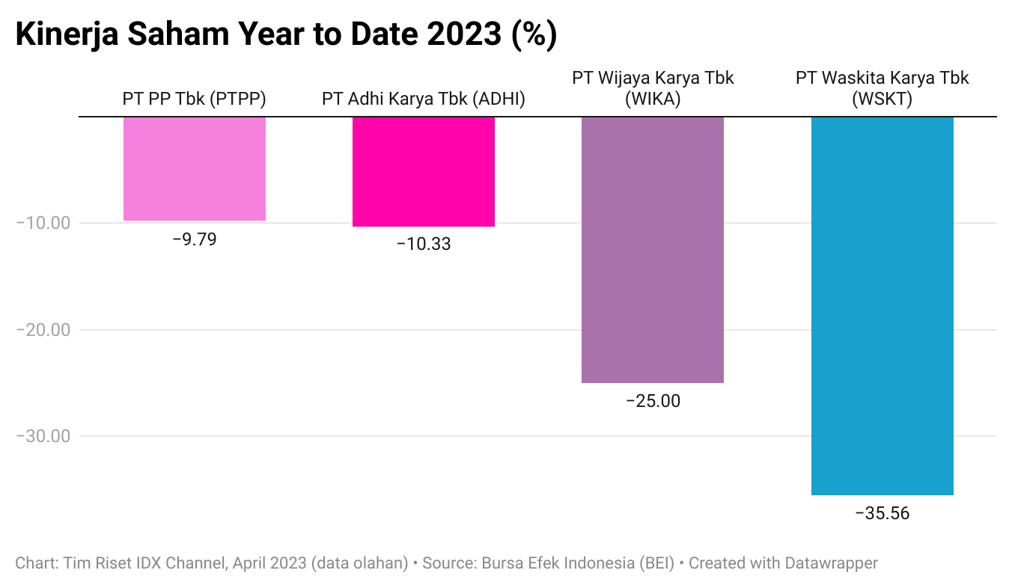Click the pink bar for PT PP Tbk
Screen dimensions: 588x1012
(194, 168)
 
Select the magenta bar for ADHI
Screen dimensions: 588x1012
(424, 171)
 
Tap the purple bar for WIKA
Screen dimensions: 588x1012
(653, 250)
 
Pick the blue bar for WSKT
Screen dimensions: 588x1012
(882, 306)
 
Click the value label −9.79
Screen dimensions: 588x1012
(194, 239)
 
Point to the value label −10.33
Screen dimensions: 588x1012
(424, 244)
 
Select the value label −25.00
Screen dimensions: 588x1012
(653, 401)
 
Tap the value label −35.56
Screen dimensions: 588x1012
(882, 513)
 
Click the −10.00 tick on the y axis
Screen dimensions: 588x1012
(43, 223)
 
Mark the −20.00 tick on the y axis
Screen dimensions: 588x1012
(43, 330)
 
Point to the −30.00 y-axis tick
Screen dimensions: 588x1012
(43, 436)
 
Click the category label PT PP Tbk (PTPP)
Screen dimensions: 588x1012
(194, 99)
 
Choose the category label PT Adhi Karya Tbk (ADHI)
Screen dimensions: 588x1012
(424, 99)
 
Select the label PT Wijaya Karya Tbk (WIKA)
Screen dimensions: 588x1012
(653, 88)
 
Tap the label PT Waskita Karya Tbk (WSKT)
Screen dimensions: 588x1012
(882, 88)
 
